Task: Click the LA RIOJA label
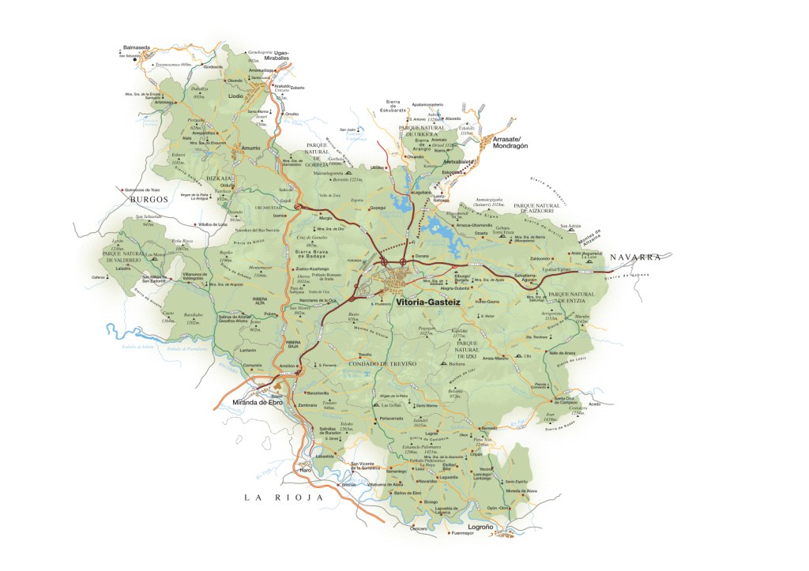click(x=284, y=497)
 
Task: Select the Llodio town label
click(x=235, y=95)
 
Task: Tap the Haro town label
click(x=306, y=471)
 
